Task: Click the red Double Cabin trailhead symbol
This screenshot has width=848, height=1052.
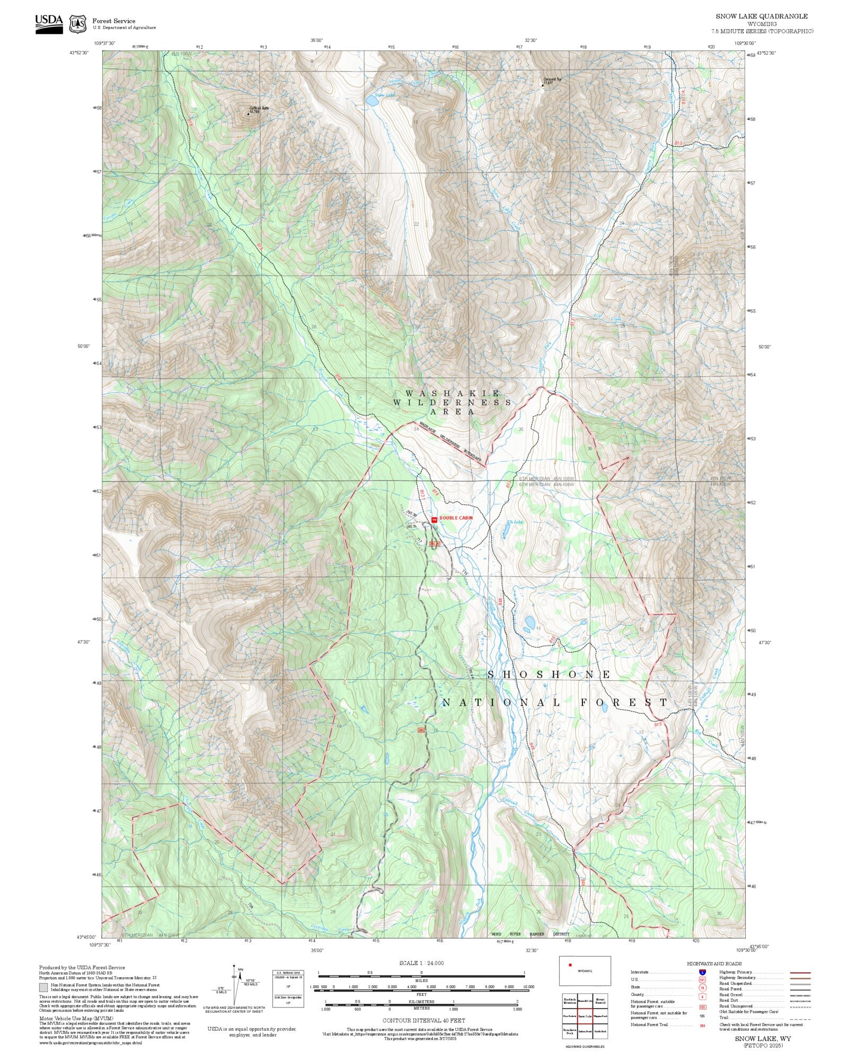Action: tap(434, 520)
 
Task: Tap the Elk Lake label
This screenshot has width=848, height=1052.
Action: tap(514, 522)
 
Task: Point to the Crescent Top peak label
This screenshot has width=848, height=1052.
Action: tap(552, 79)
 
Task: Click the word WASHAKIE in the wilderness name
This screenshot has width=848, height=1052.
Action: tap(452, 393)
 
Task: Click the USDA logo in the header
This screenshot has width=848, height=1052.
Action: tap(49, 24)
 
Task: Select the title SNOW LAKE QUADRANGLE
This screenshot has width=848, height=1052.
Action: tap(762, 16)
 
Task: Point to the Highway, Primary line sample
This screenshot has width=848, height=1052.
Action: tap(800, 973)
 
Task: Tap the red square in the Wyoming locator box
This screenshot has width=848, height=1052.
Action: tap(570, 965)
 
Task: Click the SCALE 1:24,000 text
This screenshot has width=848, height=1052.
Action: tap(421, 963)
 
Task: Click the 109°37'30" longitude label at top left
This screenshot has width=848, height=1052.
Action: tap(104, 43)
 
